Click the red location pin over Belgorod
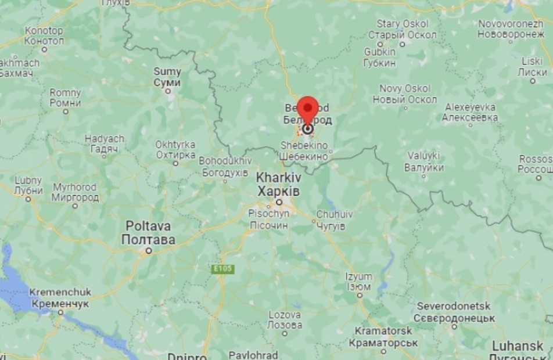(x=307, y=109)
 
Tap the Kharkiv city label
(x=279, y=183)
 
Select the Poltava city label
(x=148, y=232)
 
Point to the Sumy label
(x=167, y=77)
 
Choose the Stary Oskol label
(x=402, y=30)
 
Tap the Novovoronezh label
(x=511, y=29)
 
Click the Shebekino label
(x=304, y=151)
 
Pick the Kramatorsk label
(x=383, y=337)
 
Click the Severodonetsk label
(x=454, y=312)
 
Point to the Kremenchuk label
(x=60, y=298)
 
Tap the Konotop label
(x=44, y=35)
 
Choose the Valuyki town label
(x=423, y=161)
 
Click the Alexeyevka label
(x=470, y=112)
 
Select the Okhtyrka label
(x=175, y=149)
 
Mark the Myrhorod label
(x=76, y=192)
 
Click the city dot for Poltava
(x=149, y=251)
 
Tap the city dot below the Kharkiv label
(x=279, y=202)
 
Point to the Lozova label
(x=285, y=320)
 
